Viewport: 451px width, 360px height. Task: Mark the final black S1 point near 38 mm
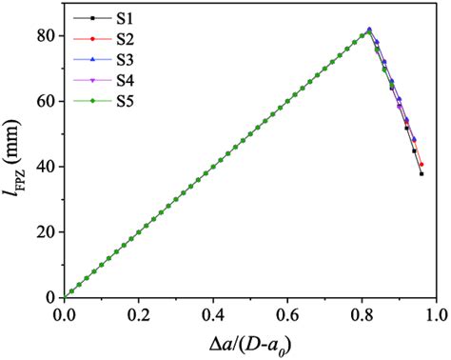click(421, 173)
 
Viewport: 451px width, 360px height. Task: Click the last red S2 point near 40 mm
click(421, 165)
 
